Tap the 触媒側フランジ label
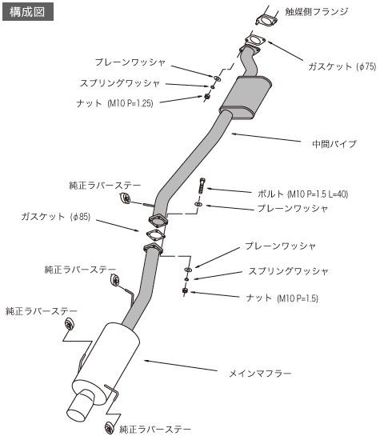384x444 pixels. tap(317, 12)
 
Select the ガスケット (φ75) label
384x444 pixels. tap(342, 67)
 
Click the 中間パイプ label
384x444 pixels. tap(334, 144)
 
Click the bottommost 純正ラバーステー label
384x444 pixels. tap(155, 430)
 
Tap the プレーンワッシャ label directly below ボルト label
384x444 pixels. tap(292, 208)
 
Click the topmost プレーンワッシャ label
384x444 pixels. tap(130, 61)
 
